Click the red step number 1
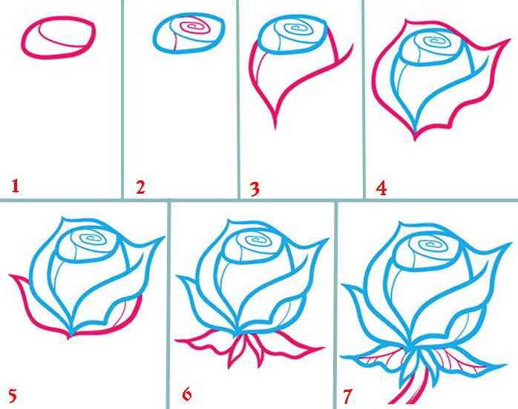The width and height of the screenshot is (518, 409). (16, 186)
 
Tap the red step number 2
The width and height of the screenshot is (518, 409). (140, 187)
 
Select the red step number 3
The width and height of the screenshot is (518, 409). (255, 189)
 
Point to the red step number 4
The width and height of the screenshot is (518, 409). (381, 189)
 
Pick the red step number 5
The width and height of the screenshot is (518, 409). (12, 396)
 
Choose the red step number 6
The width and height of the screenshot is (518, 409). (187, 394)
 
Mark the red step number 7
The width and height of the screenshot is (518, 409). (347, 396)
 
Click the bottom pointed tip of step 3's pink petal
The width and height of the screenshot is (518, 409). (275, 127)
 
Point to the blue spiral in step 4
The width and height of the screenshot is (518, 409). (433, 42)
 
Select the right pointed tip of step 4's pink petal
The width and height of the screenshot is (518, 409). (509, 40)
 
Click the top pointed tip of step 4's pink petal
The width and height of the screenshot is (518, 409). (407, 22)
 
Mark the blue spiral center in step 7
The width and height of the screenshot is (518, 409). (430, 244)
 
